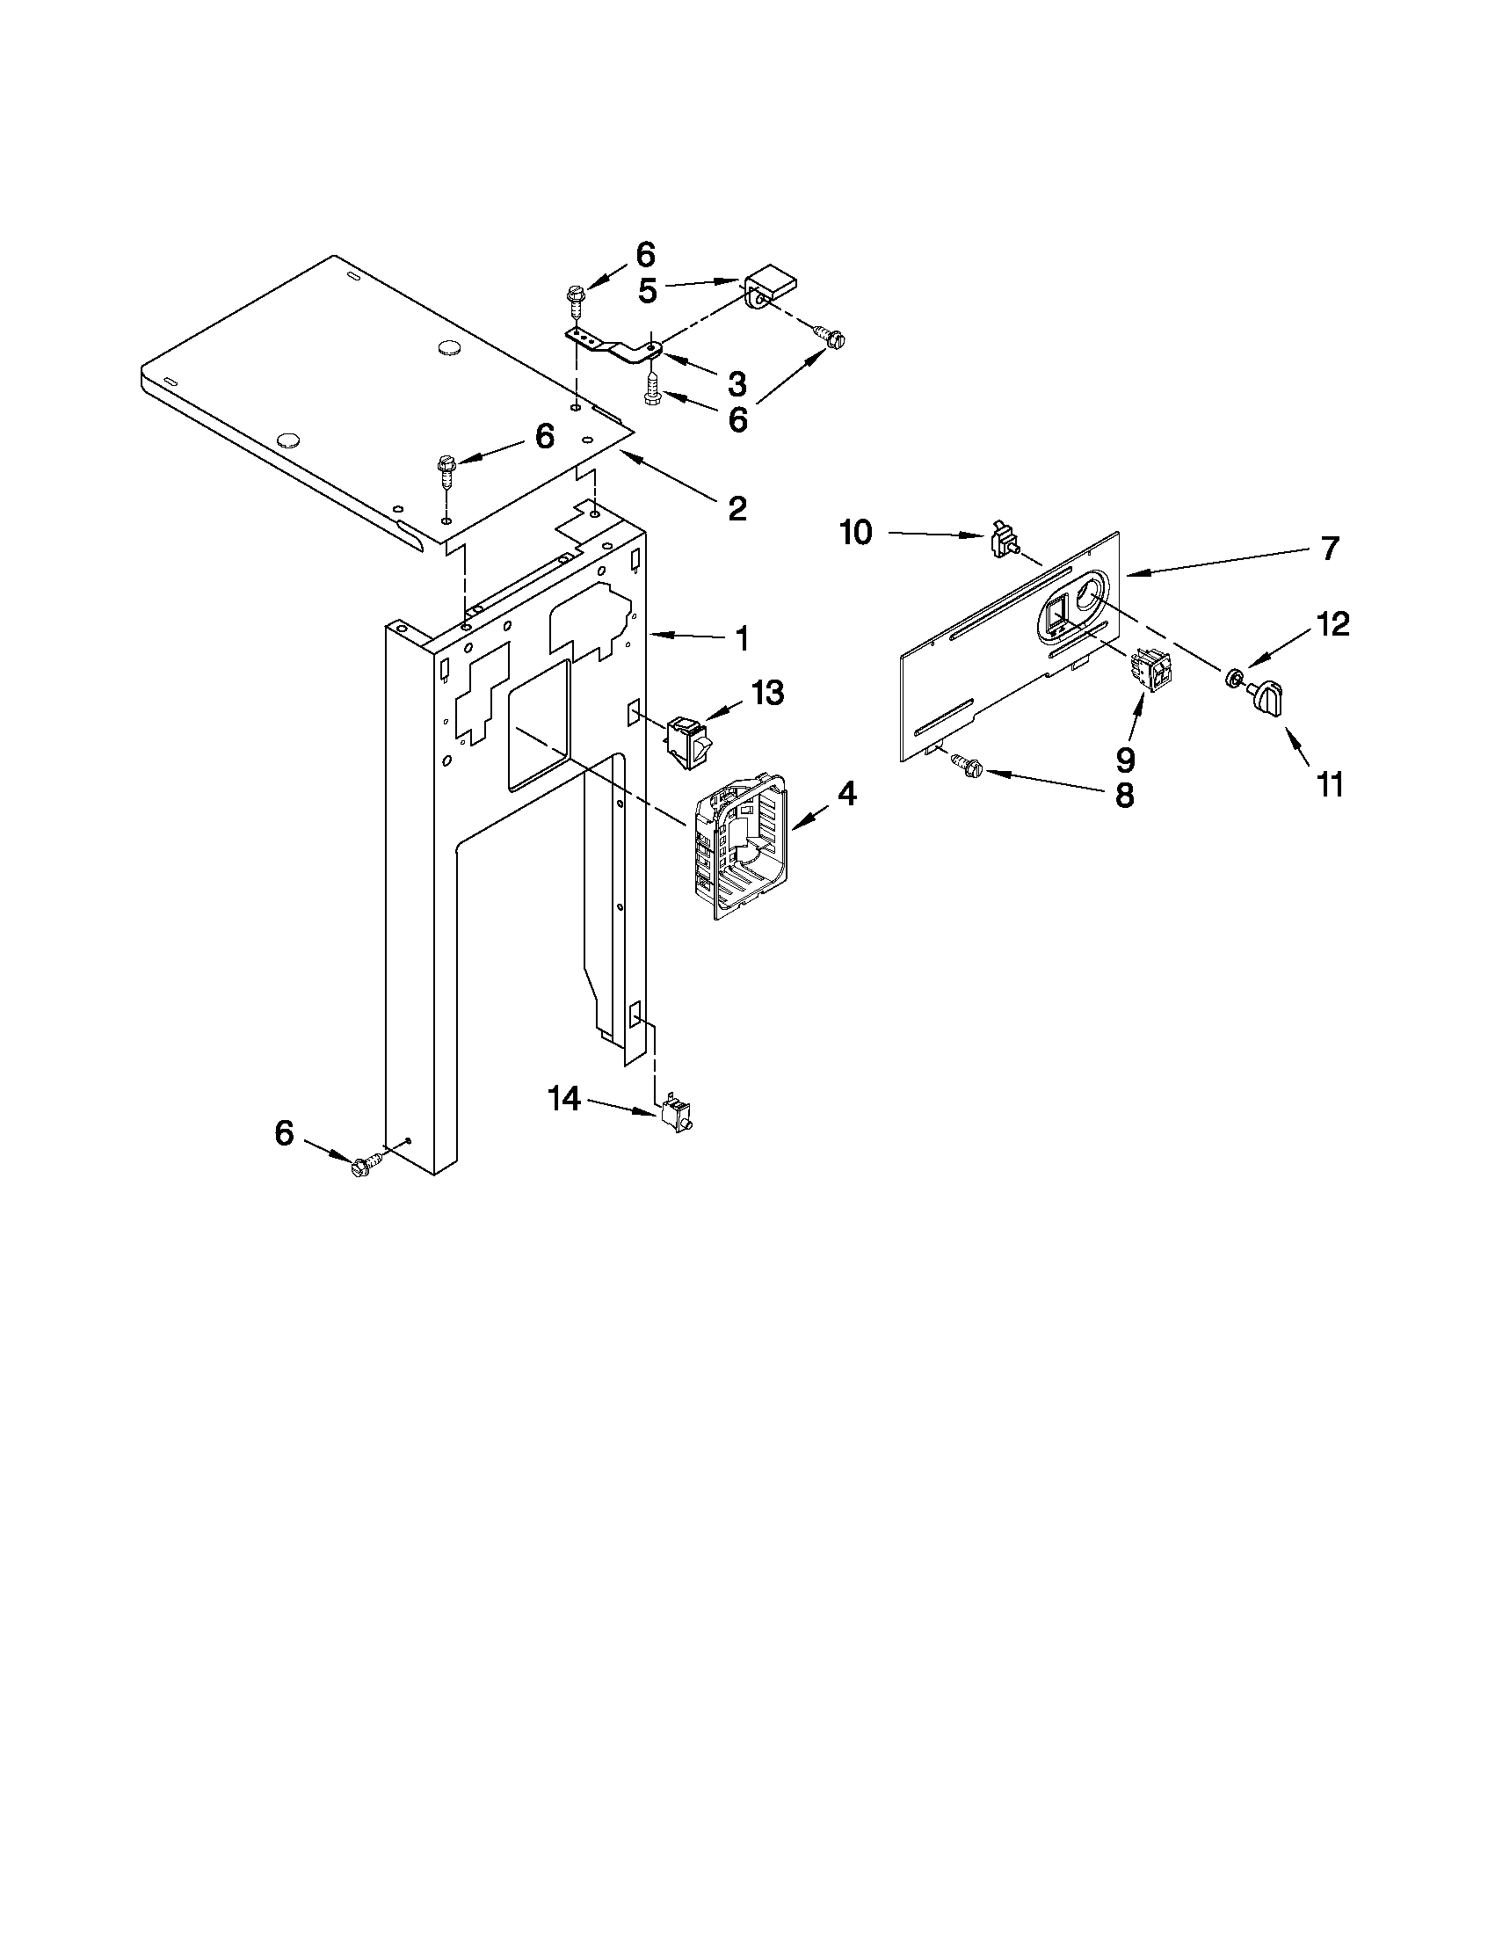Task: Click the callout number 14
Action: click(563, 1100)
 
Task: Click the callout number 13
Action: click(767, 693)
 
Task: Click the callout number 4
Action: click(846, 794)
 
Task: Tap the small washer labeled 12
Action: click(1231, 679)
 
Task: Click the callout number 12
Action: click(1333, 624)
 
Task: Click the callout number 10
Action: click(856, 534)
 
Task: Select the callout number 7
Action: click(1330, 549)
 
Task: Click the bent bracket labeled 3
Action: click(620, 346)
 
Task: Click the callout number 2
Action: click(737, 508)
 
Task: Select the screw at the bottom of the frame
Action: click(365, 1166)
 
